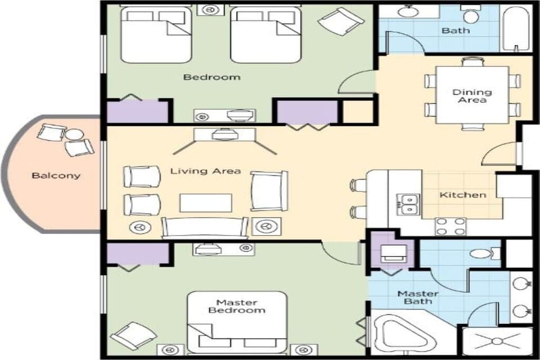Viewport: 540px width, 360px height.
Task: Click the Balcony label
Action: (x=56, y=175)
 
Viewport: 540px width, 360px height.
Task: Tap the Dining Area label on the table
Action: (x=472, y=96)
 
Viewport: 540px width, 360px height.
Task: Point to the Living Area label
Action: (x=206, y=171)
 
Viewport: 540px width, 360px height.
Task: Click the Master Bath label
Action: (x=418, y=297)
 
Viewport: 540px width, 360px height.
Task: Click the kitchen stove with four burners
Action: (x=451, y=226)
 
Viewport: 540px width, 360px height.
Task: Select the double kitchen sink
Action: (x=409, y=204)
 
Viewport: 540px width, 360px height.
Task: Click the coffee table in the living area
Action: (x=205, y=202)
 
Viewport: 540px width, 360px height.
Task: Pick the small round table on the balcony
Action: (x=73, y=135)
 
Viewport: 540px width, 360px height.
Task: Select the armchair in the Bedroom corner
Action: (x=341, y=21)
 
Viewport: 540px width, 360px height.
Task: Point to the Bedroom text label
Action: (x=212, y=77)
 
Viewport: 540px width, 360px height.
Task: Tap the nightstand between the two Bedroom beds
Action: (x=211, y=10)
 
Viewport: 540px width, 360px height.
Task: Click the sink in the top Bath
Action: (x=407, y=11)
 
